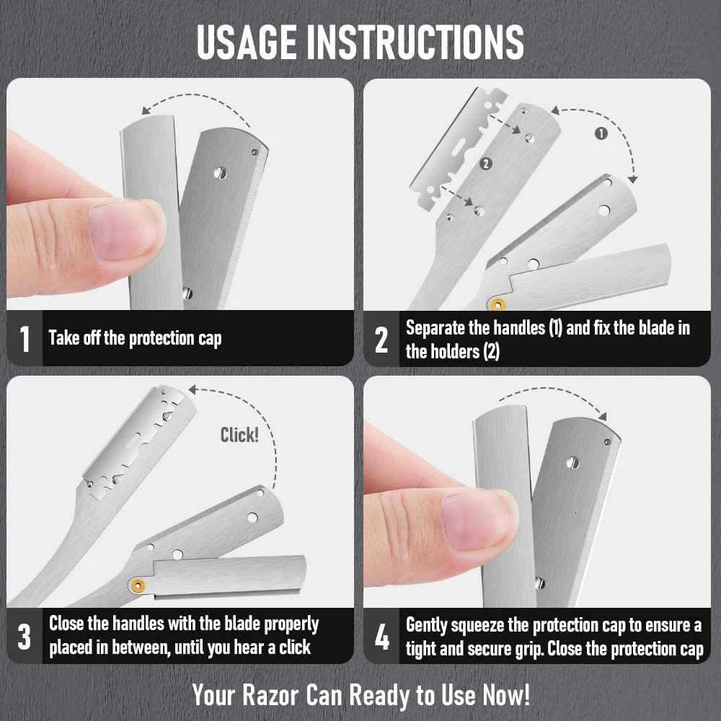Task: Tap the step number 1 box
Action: pyautogui.click(x=25, y=338)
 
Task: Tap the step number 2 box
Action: pyautogui.click(x=381, y=339)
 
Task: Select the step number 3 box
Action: pyautogui.click(x=25, y=637)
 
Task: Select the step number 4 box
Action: pyautogui.click(x=381, y=637)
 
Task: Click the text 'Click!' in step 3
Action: pyautogui.click(x=239, y=435)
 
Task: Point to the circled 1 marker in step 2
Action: pyautogui.click(x=601, y=133)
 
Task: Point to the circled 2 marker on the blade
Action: pyautogui.click(x=485, y=164)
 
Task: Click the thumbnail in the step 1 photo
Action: pyautogui.click(x=123, y=229)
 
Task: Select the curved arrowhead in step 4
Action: pyautogui.click(x=601, y=415)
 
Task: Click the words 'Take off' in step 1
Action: pyautogui.click(x=74, y=338)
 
